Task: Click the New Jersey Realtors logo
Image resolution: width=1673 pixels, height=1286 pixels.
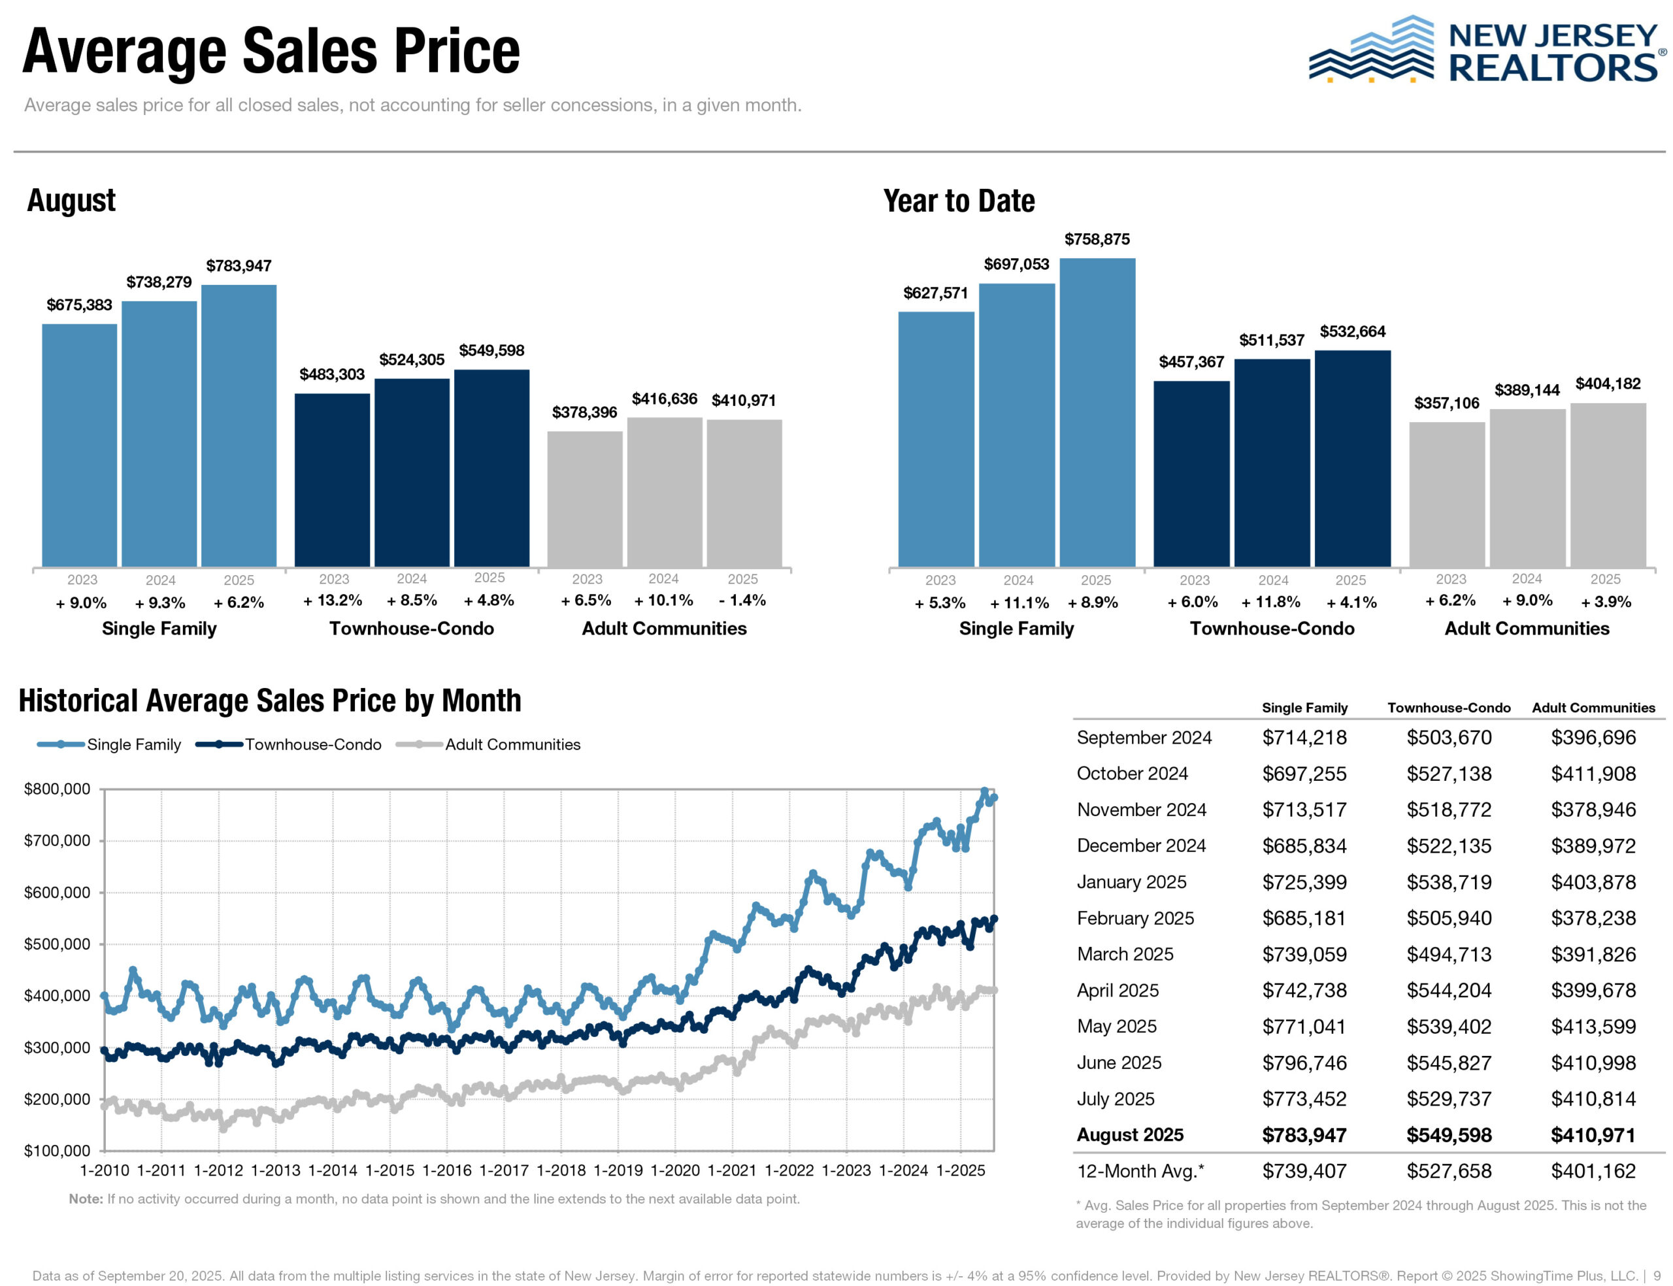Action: click(x=1485, y=50)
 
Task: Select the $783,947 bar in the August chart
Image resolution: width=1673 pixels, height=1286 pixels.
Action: click(x=239, y=425)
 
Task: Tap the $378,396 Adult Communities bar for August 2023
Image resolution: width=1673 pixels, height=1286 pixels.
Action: click(x=585, y=499)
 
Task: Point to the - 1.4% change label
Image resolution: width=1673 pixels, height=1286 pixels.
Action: click(x=742, y=600)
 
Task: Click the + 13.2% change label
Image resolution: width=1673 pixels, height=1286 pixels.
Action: click(x=333, y=600)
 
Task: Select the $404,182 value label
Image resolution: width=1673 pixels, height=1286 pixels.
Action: click(x=1607, y=384)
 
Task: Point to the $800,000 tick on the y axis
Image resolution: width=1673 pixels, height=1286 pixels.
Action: click(x=58, y=789)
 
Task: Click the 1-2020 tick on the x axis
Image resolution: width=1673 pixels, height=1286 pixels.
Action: click(x=675, y=1170)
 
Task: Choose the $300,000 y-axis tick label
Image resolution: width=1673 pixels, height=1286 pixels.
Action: click(x=58, y=1047)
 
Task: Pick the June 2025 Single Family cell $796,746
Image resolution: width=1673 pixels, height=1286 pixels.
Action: click(x=1304, y=1063)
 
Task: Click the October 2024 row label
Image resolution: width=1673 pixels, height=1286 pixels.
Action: click(x=1132, y=773)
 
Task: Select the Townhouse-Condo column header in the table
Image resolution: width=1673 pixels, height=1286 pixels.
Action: click(x=1449, y=708)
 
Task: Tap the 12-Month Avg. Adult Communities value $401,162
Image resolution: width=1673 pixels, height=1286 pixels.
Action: click(x=1593, y=1171)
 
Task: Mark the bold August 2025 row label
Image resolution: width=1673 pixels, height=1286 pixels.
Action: click(x=1130, y=1134)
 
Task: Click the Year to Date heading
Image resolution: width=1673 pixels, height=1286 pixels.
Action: click(x=959, y=201)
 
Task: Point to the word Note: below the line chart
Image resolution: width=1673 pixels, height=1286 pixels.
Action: click(x=86, y=1198)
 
